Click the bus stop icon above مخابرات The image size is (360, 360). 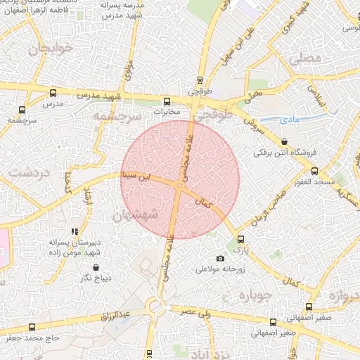pyautogui.click(x=167, y=101)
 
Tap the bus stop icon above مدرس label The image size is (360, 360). pyautogui.click(x=53, y=93)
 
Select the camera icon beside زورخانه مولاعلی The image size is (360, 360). pyautogui.click(x=221, y=258)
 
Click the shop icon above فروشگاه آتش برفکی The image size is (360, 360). pyautogui.click(x=284, y=141)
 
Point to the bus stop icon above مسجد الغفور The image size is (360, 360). pyautogui.click(x=314, y=171)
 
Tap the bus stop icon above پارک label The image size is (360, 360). pyautogui.click(x=241, y=239)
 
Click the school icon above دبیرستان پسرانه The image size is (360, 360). pyautogui.click(x=75, y=231)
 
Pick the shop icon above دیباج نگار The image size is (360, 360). pyautogui.click(x=96, y=267)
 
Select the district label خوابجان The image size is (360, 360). pyautogui.click(x=46, y=50)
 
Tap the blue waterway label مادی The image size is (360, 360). pyautogui.click(x=290, y=120)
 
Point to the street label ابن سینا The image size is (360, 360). pyautogui.click(x=135, y=176)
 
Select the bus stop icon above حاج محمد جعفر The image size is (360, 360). pyautogui.click(x=32, y=327)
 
